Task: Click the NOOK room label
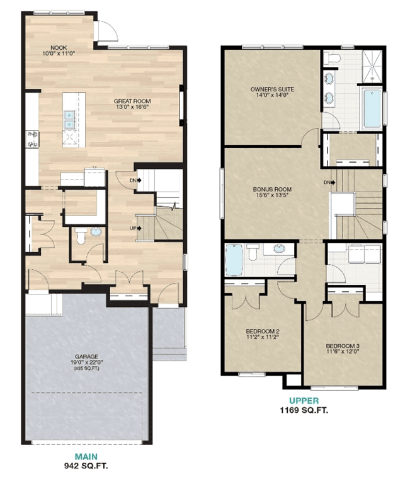pyautogui.click(x=59, y=48)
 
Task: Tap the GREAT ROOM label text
pyautogui.click(x=132, y=101)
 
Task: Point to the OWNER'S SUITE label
pyautogui.click(x=272, y=89)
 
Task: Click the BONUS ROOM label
pyautogui.click(x=272, y=189)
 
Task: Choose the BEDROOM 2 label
pyautogui.click(x=263, y=331)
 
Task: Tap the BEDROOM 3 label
pyautogui.click(x=343, y=346)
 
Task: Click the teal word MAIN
pyautogui.click(x=86, y=456)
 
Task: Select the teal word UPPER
pyautogui.click(x=304, y=401)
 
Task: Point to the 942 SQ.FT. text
pyautogui.click(x=86, y=466)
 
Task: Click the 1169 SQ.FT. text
pyautogui.click(x=304, y=410)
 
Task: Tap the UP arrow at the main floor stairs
pyautogui.click(x=139, y=228)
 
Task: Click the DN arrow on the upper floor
pyautogui.click(x=333, y=183)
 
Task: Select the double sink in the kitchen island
pyautogui.click(x=69, y=120)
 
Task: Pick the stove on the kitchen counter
pyautogui.click(x=32, y=139)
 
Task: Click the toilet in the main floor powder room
pyautogui.click(x=81, y=235)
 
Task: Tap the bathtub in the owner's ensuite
pyautogui.click(x=372, y=108)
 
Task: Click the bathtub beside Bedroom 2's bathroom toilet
pyautogui.click(x=234, y=260)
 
